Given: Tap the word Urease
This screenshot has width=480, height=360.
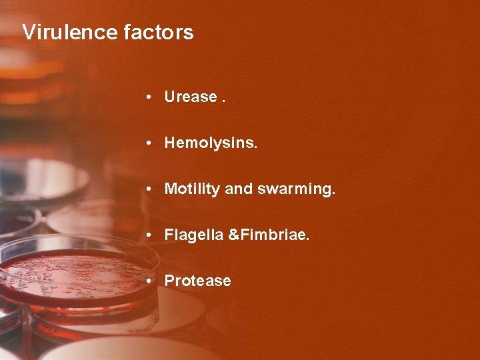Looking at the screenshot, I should tap(191, 97).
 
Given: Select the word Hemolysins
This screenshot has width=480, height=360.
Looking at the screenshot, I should tap(210, 143).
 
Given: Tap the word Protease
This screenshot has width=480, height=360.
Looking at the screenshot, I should tap(197, 281).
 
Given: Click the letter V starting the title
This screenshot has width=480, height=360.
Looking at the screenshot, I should tap(28, 32).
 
